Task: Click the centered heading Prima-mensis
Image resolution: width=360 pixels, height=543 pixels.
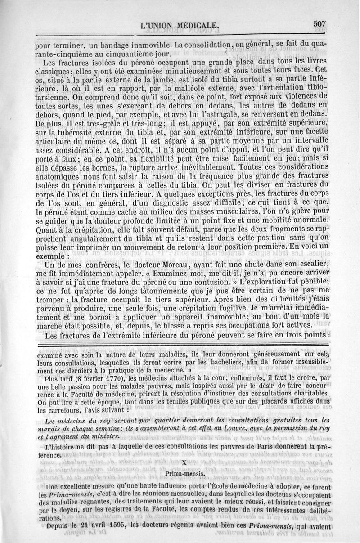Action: pyautogui.click(x=185, y=474)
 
